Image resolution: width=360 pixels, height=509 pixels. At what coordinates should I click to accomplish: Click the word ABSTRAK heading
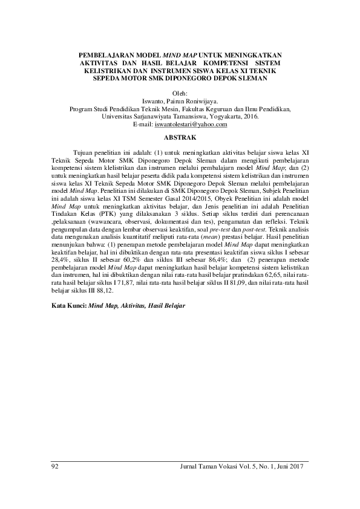tap(180, 138)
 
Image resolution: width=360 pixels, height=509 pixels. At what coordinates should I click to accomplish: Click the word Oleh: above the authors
tap(180, 93)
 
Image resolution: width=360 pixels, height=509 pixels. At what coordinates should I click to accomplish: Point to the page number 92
tap(56, 467)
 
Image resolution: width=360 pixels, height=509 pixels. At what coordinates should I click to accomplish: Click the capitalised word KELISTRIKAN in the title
tap(108, 70)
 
